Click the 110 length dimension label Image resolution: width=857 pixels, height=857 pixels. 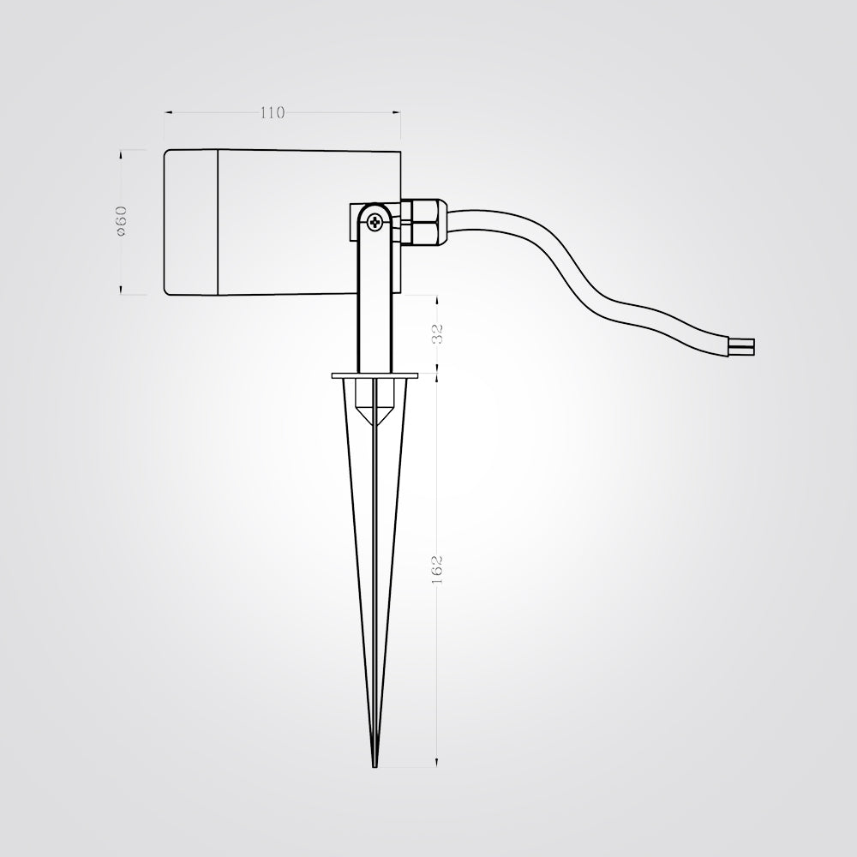272,112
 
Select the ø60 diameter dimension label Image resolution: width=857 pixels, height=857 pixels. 122,220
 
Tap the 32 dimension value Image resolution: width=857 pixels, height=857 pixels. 438,334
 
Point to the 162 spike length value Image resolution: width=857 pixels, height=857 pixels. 438,569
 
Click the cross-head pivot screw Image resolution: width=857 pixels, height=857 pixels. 375,223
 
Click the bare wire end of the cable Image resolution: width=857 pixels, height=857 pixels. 743,348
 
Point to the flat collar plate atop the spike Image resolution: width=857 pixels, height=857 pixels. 375,375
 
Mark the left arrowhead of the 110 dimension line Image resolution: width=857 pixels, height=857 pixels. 168,112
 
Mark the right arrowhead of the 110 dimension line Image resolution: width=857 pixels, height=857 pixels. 397,112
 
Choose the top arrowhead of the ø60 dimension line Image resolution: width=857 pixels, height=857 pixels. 122,153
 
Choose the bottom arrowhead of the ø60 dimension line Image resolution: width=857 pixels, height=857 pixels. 122,291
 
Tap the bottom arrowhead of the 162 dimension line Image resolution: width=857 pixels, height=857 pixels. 438,763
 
